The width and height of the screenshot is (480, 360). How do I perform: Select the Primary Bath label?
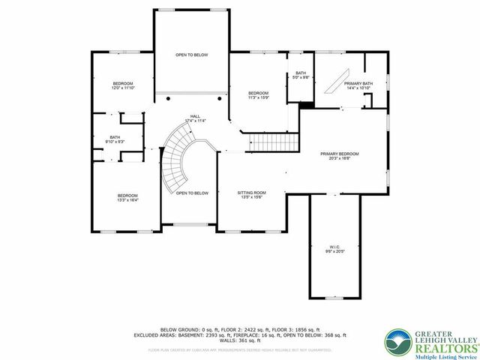click(x=358, y=85)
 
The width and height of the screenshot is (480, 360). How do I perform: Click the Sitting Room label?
click(x=252, y=194)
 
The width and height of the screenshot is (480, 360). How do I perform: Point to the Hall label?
click(x=195, y=118)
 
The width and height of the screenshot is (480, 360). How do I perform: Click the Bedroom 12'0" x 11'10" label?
click(x=123, y=85)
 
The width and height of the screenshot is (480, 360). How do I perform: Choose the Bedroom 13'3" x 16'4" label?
click(x=127, y=198)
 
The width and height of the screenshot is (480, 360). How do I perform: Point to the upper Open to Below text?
click(x=191, y=55)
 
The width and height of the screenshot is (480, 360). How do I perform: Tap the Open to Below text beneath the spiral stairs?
click(x=192, y=193)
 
